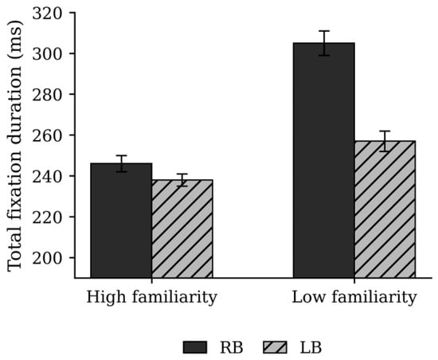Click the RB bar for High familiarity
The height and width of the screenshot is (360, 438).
(121, 221)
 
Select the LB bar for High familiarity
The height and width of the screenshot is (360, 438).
(182, 229)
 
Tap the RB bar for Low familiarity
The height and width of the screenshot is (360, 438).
(324, 161)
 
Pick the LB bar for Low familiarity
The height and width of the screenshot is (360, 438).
(385, 209)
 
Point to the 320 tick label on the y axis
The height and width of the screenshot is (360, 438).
(47, 13)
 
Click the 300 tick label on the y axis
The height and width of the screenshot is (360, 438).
(47, 54)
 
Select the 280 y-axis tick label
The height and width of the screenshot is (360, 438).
(47, 95)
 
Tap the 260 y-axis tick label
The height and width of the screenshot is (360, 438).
(47, 135)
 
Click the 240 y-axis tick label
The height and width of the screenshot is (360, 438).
(47, 177)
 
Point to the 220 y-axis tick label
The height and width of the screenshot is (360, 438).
(47, 217)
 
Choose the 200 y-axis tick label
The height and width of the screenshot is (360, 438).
(47, 258)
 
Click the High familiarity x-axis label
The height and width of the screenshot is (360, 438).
(151, 297)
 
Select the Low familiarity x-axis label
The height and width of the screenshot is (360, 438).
(354, 297)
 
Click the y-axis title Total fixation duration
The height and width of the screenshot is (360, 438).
(14, 145)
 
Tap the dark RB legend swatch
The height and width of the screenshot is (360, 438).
(195, 347)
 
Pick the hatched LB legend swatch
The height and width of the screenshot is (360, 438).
(276, 347)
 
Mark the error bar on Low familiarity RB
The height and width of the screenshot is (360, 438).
(324, 43)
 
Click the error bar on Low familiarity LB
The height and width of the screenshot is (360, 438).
(385, 141)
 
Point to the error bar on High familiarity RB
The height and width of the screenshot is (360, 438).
(121, 163)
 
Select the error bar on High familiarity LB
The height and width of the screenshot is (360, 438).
(182, 180)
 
